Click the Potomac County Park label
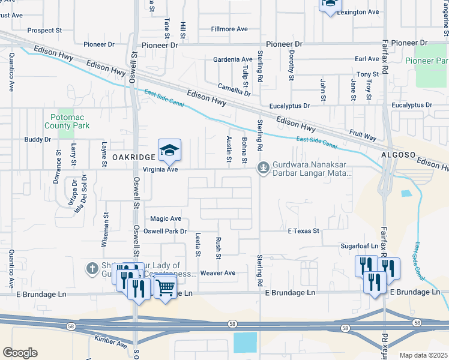pyautogui.click(x=67, y=121)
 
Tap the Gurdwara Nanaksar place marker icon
pyautogui.click(x=262, y=167)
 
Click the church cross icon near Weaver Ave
pyautogui.click(x=92, y=268)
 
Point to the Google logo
pyautogui.click(x=20, y=353)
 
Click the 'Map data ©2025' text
pyautogui.click(x=423, y=355)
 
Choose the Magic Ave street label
pyautogui.click(x=166, y=219)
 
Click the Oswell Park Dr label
pyautogui.click(x=167, y=231)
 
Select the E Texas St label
pyautogui.click(x=303, y=230)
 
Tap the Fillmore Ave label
pyautogui.click(x=230, y=29)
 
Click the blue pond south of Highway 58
pyautogui.click(x=244, y=342)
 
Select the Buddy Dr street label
pyautogui.click(x=37, y=139)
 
